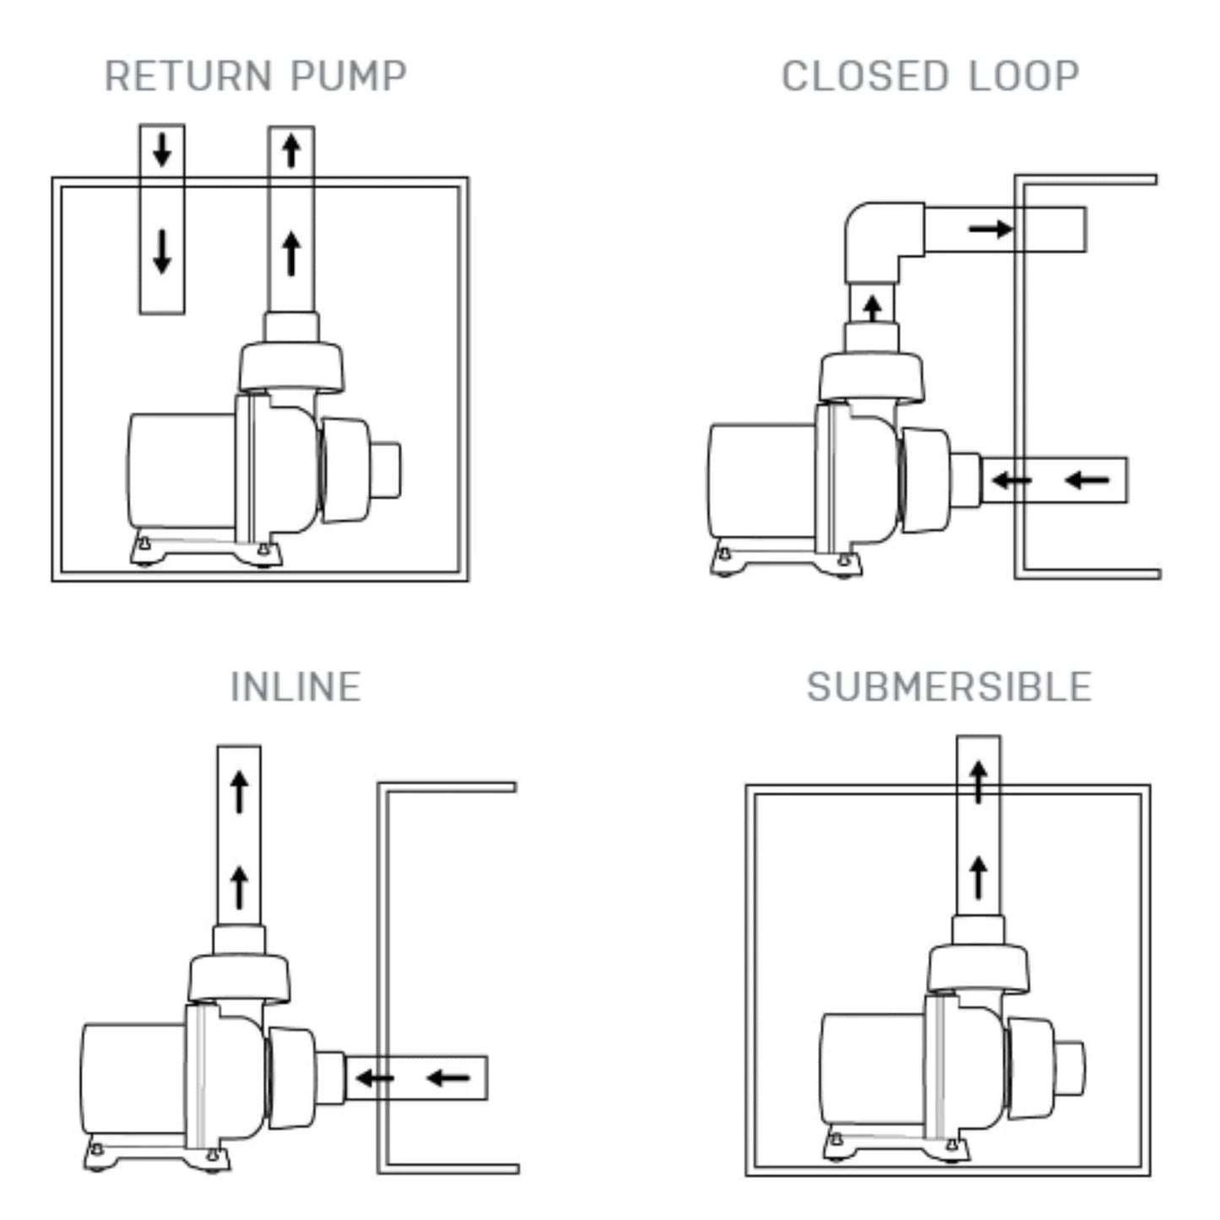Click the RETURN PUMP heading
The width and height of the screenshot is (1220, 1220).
pyautogui.click(x=255, y=76)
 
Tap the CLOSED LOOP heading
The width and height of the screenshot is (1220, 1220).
pyautogui.click(x=930, y=76)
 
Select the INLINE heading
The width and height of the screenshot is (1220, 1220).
pyautogui.click(x=296, y=686)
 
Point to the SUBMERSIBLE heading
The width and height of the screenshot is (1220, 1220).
pyautogui.click(x=949, y=686)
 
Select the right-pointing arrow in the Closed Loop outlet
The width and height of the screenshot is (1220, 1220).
pyautogui.click(x=990, y=229)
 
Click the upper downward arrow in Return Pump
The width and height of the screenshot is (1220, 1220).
pyautogui.click(x=162, y=149)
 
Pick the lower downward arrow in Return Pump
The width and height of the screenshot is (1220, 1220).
pyautogui.click(x=162, y=252)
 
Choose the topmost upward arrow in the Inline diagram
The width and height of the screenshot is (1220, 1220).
pyautogui.click(x=240, y=791)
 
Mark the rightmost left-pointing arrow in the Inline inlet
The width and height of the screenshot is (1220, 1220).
pyautogui.click(x=448, y=1077)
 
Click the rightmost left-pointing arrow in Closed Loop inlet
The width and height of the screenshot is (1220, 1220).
pyautogui.click(x=1087, y=480)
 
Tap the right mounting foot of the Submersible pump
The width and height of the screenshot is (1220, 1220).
pyautogui.click(x=953, y=1147)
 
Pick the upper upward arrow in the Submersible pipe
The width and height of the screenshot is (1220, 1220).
pyautogui.click(x=979, y=781)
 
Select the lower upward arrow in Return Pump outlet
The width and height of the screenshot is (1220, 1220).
pyautogui.click(x=291, y=252)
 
